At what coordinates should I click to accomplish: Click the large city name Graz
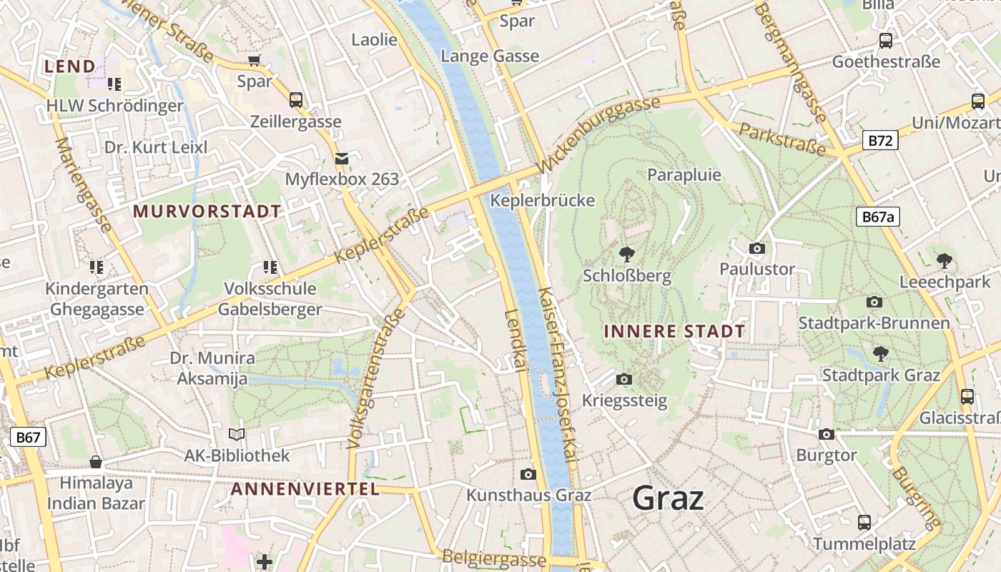(668, 498)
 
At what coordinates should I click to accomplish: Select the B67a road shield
(878, 217)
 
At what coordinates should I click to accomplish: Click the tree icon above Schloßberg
(627, 254)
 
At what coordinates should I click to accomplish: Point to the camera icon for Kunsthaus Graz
(528, 474)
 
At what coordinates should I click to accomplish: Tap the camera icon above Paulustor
(757, 248)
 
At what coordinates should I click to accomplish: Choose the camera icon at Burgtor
(827, 434)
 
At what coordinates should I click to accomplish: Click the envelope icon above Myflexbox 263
(342, 158)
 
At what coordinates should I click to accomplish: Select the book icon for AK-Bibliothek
(237, 434)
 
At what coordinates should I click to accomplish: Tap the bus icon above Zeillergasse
(295, 100)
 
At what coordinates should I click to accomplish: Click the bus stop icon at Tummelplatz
(864, 523)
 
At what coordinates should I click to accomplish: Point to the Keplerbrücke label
(542, 200)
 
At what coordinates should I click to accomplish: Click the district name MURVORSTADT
(207, 212)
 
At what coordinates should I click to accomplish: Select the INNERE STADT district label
(674, 332)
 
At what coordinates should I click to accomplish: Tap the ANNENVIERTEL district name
(305, 489)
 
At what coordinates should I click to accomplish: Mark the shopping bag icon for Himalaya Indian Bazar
(96, 462)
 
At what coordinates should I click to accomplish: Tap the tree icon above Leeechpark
(945, 261)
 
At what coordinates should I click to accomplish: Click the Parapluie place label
(684, 175)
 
